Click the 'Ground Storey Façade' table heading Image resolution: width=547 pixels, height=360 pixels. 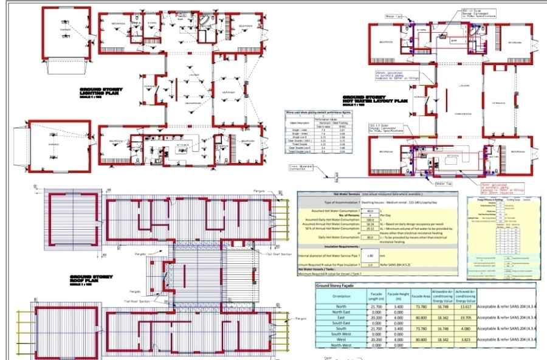point(341,285)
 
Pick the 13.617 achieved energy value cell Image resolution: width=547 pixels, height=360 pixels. point(463,307)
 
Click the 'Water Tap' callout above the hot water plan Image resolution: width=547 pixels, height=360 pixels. point(394,16)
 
